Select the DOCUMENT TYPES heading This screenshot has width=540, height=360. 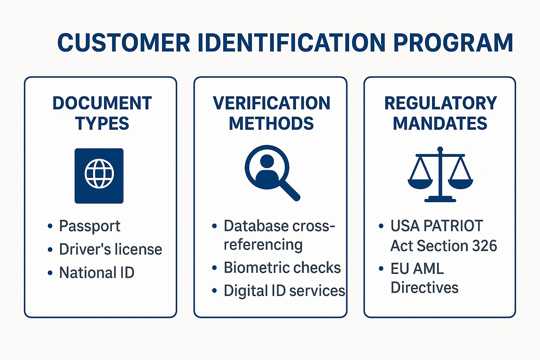point(102,113)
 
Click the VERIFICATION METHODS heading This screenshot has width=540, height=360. point(271,113)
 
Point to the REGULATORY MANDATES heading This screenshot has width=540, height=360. point(440,113)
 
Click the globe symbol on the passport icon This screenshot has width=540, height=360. point(99,174)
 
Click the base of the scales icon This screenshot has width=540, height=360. point(440,200)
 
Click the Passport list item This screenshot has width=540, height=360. point(90,226)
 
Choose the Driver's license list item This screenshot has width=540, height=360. point(110,249)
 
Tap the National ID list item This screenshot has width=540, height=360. point(97,272)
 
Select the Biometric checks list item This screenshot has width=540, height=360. point(282,268)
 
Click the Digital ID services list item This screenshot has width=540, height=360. point(284,291)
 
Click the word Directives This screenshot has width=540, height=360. point(424,288)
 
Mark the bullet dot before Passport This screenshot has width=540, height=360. point(50,226)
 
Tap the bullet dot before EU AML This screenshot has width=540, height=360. point(381,269)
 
